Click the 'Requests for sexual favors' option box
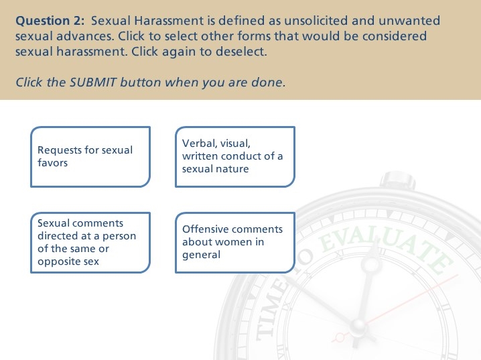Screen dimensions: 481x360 [x=90, y=156]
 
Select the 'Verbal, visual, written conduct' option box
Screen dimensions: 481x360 [x=235, y=156]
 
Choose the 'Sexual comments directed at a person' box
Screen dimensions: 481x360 [x=90, y=243]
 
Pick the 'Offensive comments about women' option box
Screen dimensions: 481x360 [x=235, y=243]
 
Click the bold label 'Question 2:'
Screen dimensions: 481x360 [x=50, y=21]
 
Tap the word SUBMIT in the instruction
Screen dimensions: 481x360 [x=93, y=82]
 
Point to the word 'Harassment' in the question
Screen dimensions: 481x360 [x=169, y=21]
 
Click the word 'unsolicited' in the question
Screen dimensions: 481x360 [x=316, y=21]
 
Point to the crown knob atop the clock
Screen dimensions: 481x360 [x=397, y=180]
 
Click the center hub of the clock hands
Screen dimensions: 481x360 [x=357, y=327]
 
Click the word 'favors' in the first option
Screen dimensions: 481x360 [x=52, y=163]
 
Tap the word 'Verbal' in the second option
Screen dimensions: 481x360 [x=200, y=143]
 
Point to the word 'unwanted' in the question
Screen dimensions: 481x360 [x=409, y=21]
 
